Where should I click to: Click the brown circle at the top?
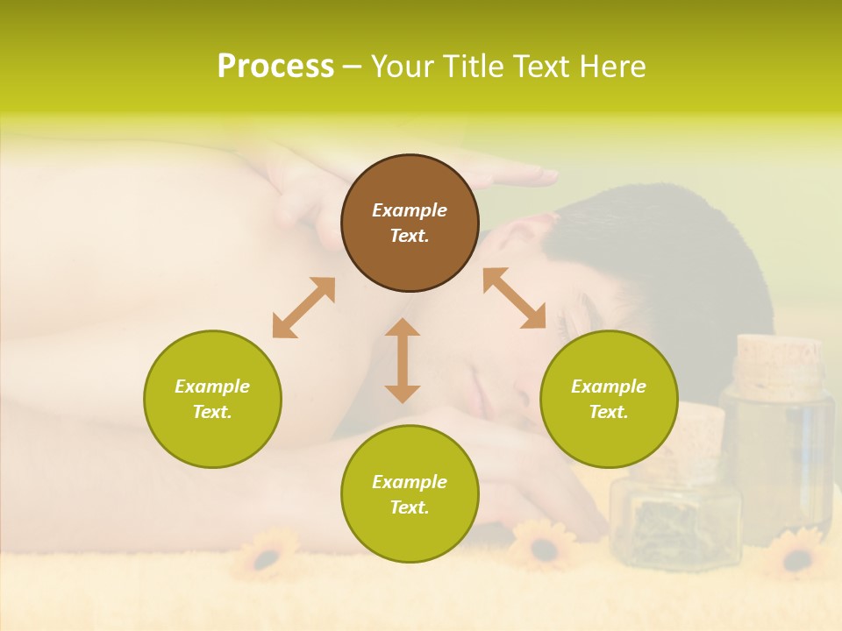pyautogui.click(x=410, y=223)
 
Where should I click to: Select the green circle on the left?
pyautogui.click(x=212, y=399)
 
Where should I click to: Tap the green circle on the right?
pyautogui.click(x=609, y=399)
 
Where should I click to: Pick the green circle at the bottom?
pyautogui.click(x=410, y=493)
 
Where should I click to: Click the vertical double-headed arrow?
pyautogui.click(x=403, y=360)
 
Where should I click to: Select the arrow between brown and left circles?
pyautogui.click(x=303, y=308)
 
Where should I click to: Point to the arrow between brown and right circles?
pyautogui.click(x=515, y=298)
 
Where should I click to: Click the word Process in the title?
pyautogui.click(x=275, y=67)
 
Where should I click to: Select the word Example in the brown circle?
pyautogui.click(x=410, y=210)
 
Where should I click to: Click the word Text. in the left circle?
pyautogui.click(x=212, y=412)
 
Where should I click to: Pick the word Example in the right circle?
pyautogui.click(x=609, y=386)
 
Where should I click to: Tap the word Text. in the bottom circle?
pyautogui.click(x=410, y=507)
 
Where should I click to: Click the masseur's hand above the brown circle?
pyautogui.click(x=517, y=177)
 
